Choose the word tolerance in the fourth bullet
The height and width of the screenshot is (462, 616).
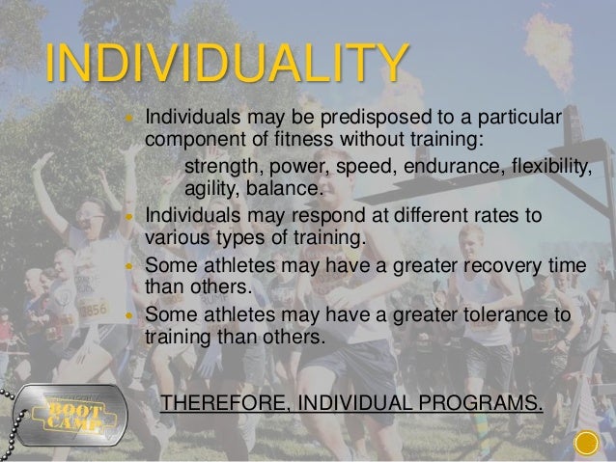[x=501, y=317]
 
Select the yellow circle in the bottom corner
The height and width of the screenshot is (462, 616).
[x=588, y=445]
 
